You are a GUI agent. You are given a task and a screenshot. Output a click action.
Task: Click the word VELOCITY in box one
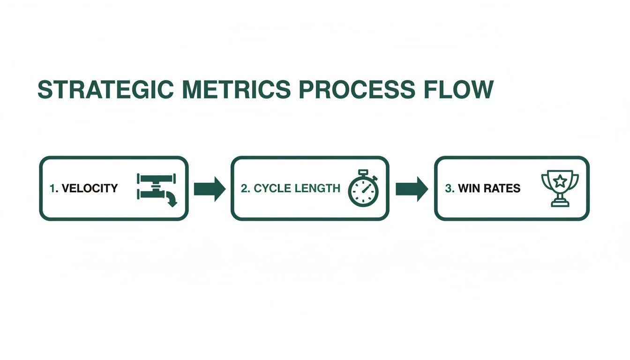coord(90,188)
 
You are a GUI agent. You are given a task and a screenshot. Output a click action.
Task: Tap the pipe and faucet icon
coord(157,188)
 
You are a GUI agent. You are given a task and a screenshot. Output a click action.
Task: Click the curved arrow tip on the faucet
coord(172,202)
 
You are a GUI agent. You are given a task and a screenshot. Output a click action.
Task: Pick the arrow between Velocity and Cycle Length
coord(210,188)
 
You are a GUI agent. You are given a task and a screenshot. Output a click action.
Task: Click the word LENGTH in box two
coord(318,188)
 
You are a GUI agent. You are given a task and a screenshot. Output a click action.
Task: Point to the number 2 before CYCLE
coord(244,188)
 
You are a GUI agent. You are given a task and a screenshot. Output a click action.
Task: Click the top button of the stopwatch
coord(363,172)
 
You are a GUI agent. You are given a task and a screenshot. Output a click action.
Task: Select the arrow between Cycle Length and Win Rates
coord(412,188)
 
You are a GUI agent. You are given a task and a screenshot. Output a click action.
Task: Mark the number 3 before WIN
coord(448,188)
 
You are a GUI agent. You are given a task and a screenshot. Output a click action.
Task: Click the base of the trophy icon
coord(560,203)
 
